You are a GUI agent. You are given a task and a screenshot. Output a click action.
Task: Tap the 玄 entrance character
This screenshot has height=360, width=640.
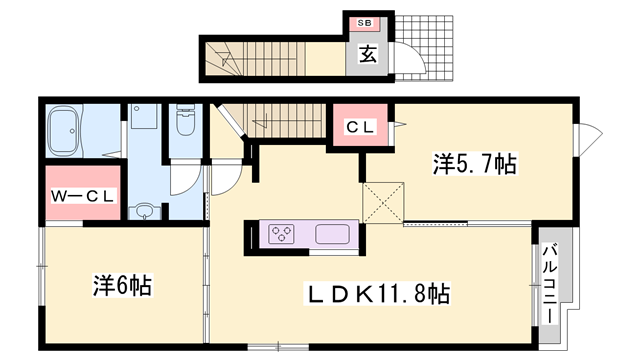coord(367,55)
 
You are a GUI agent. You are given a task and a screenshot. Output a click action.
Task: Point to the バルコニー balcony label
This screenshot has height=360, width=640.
coord(549,283)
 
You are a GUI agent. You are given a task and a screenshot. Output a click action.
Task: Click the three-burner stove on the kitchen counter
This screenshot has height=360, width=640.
coord(283,236)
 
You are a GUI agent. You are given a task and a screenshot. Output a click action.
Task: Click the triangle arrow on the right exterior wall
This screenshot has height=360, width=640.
coord(591,131)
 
